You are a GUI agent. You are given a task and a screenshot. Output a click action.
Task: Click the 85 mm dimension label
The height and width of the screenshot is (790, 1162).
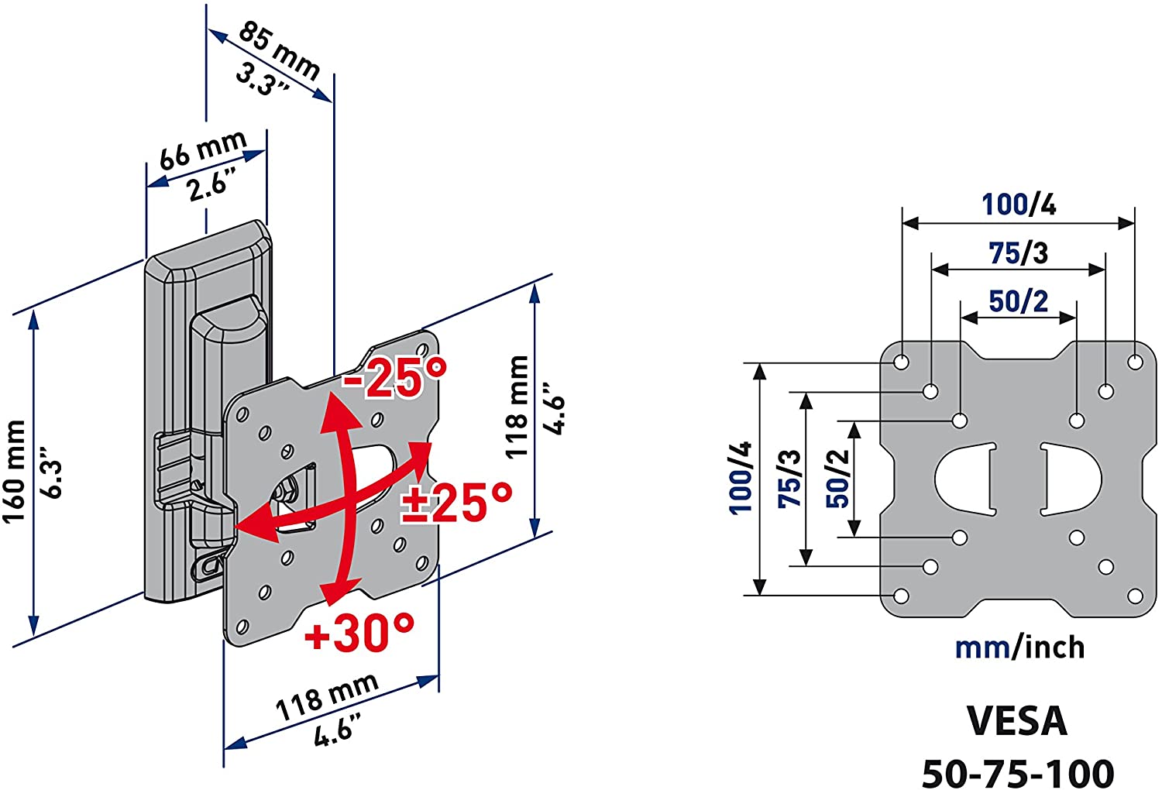click(279, 51)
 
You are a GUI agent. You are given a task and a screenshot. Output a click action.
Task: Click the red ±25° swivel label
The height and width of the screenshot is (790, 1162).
click(456, 503)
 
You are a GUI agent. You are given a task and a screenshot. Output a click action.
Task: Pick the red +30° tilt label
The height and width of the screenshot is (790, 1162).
click(359, 632)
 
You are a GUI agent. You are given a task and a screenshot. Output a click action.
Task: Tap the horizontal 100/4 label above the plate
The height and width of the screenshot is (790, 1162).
click(1019, 204)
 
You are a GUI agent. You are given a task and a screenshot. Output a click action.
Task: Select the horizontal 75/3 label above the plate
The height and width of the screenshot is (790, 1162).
click(1019, 253)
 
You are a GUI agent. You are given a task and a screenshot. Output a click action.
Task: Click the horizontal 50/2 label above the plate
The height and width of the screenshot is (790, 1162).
click(1019, 301)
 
